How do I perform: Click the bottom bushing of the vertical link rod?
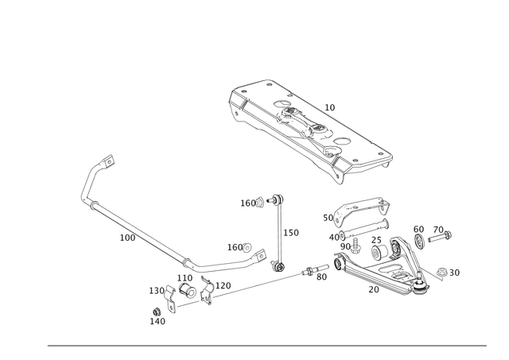tap(278, 263)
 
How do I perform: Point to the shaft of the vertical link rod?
tap(278, 230)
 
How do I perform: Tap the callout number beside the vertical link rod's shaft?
tap(292, 232)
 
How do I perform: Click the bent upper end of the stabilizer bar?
tap(102, 162)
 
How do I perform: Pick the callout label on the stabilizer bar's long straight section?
tap(126, 237)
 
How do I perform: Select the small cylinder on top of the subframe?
tap(329, 106)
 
